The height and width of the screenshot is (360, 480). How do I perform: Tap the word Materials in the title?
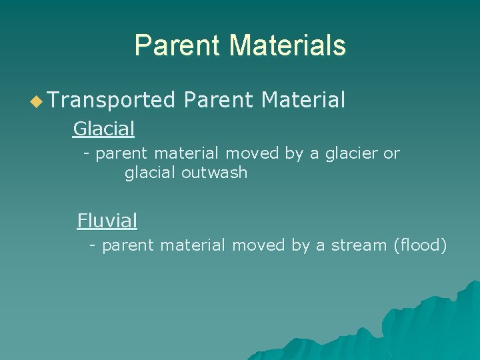coord(287,45)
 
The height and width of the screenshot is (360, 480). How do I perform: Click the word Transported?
coord(111,101)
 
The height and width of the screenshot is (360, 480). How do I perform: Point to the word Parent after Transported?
coord(219,101)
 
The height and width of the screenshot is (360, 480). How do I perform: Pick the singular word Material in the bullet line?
coord(303,101)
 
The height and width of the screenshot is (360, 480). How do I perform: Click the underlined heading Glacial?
coord(103,128)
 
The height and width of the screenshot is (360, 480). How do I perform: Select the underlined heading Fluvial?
coord(107,220)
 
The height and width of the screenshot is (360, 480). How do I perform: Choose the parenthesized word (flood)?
coord(420,245)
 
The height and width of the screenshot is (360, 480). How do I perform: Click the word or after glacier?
coord(391,153)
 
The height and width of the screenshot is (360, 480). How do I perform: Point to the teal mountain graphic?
coord(427,327)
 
